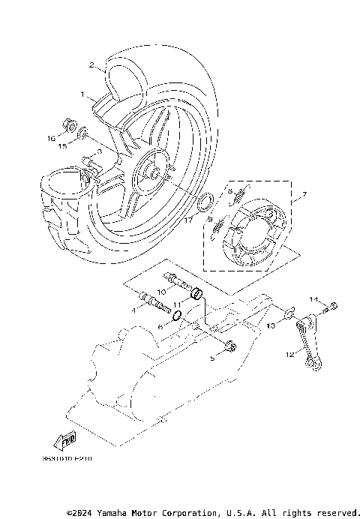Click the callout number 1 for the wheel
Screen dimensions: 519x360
click(x=83, y=95)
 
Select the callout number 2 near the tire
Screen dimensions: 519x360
click(x=91, y=66)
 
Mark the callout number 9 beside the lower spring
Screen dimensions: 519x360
click(x=211, y=220)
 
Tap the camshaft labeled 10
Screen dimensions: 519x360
click(x=174, y=281)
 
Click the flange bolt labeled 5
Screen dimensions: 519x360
click(x=229, y=346)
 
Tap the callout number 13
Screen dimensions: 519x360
click(x=271, y=328)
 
